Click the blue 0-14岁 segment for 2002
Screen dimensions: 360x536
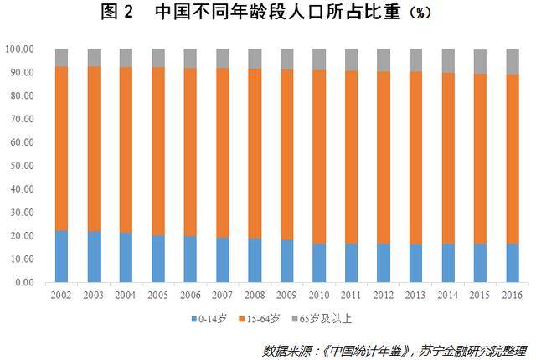coord(61,256)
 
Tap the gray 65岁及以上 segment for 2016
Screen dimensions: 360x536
coord(512,61)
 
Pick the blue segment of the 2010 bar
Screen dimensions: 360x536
coord(319,263)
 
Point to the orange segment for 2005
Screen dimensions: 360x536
coord(158,151)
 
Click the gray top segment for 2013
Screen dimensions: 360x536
coord(415,59)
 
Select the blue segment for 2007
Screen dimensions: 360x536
coord(223,260)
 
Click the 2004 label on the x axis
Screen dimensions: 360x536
coord(126,296)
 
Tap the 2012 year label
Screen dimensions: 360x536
coord(384,296)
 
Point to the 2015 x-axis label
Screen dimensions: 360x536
coord(480,296)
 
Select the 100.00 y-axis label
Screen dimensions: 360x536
coord(18,49)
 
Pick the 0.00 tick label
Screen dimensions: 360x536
coord(23,283)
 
